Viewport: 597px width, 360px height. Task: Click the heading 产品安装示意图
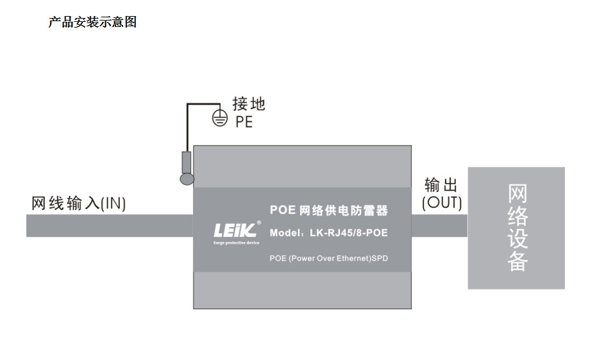tap(92, 22)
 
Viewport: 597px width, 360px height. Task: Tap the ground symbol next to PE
tap(220, 119)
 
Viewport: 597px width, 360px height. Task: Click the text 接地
tap(248, 104)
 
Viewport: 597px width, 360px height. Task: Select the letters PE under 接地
tap(244, 121)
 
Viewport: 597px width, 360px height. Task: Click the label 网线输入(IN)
tap(79, 204)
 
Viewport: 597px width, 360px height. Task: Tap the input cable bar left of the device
tap(109, 226)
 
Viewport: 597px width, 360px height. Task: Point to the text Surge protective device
tap(236, 243)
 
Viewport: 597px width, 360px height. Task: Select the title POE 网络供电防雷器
tap(328, 210)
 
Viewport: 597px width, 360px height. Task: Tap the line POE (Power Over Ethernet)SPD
tap(328, 258)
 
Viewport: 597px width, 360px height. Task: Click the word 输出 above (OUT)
tap(441, 186)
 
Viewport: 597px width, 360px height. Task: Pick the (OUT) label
tap(441, 203)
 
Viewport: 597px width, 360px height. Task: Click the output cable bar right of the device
tap(439, 226)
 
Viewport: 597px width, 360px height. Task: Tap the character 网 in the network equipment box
tap(517, 194)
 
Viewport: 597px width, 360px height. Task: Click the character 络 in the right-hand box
tap(517, 216)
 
